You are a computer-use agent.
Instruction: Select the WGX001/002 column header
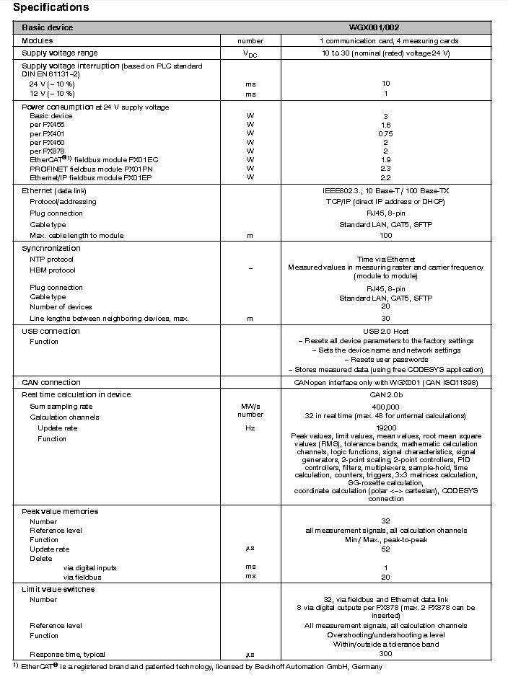pyautogui.click(x=385, y=27)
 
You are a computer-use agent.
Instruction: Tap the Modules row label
pyautogui.click(x=38, y=40)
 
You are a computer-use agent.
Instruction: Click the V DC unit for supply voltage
pyautogui.click(x=250, y=53)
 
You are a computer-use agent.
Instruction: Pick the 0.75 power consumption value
pyautogui.click(x=385, y=133)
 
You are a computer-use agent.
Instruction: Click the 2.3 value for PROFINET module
pyautogui.click(x=385, y=168)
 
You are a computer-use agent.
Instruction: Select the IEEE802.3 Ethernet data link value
pyautogui.click(x=385, y=191)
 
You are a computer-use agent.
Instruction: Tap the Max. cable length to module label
pyautogui.click(x=76, y=236)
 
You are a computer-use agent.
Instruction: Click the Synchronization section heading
pyautogui.click(x=51, y=248)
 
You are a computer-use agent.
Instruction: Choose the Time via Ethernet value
pyautogui.click(x=385, y=259)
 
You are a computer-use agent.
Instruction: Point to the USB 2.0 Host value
pyautogui.click(x=385, y=331)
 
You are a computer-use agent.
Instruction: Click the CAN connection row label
pyautogui.click(x=51, y=382)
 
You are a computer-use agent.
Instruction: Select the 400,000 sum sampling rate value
pyautogui.click(x=385, y=407)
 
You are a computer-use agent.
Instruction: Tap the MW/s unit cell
pyautogui.click(x=250, y=407)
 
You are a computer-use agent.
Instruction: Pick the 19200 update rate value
pyautogui.click(x=385, y=428)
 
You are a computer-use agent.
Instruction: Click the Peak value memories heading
pyautogui.click(x=60, y=511)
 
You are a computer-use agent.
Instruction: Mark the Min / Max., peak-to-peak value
pyautogui.click(x=385, y=539)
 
